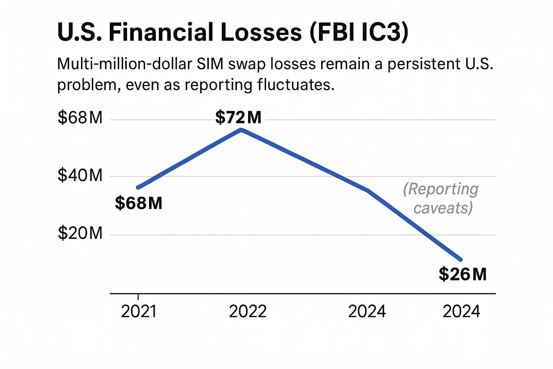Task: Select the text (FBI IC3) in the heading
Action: (359, 32)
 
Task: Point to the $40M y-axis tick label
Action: (80, 175)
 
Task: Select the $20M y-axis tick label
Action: (80, 234)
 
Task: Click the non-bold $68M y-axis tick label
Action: (80, 118)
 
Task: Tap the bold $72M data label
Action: (238, 117)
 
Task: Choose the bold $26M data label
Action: (462, 275)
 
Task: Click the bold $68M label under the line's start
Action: (139, 203)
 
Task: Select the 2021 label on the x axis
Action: (139, 312)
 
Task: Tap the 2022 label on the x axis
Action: (248, 312)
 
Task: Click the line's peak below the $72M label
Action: (241, 130)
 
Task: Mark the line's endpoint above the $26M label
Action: (460, 259)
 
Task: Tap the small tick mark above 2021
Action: (138, 297)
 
